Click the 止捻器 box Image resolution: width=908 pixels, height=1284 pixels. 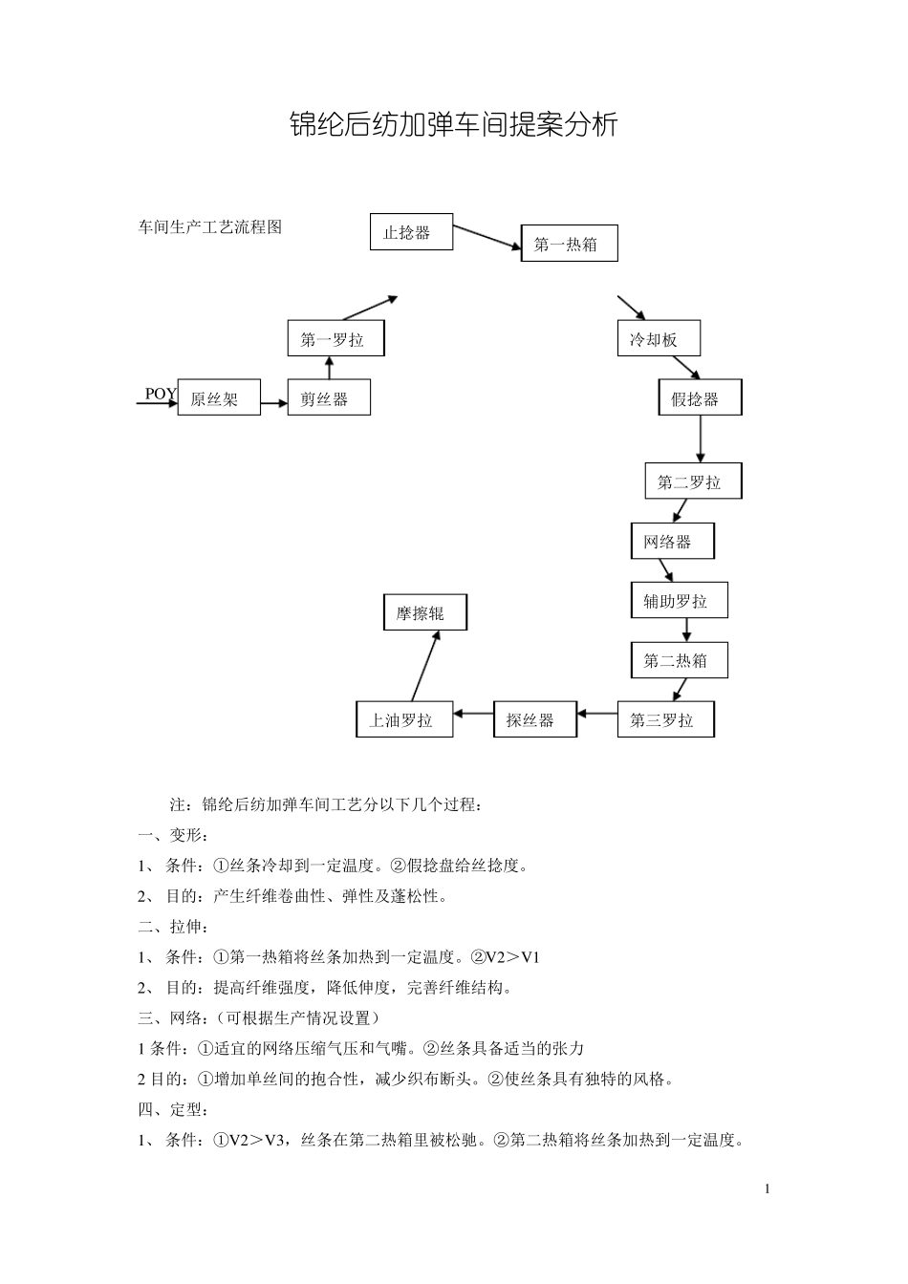tap(411, 232)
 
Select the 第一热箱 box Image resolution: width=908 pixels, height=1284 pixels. tap(569, 244)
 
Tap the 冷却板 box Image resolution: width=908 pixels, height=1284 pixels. tap(659, 339)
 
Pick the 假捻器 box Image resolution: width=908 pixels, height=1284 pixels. tap(700, 398)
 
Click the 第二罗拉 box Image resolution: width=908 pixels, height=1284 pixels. tap(693, 482)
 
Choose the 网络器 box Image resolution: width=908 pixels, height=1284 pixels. tap(672, 542)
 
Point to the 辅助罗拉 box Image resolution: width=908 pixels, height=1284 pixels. tap(679, 601)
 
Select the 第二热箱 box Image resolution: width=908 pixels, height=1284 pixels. tap(679, 660)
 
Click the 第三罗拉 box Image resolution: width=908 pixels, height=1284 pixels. tap(665, 719)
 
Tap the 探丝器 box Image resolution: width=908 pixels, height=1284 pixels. tap(535, 719)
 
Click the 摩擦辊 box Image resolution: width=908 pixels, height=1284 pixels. tap(424, 613)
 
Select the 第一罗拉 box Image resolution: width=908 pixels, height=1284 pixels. tap(335, 339)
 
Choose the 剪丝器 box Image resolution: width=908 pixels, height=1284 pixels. tap(328, 398)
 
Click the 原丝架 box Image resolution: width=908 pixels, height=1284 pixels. tap(220, 398)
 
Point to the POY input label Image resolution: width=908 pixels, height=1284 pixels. tap(161, 394)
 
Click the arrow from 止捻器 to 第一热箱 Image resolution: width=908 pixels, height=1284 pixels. tap(486, 239)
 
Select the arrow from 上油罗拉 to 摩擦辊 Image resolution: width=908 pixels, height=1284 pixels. tap(425, 666)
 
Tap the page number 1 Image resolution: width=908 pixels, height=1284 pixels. tap(767, 1189)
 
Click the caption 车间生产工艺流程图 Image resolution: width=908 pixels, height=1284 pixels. tap(211, 227)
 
